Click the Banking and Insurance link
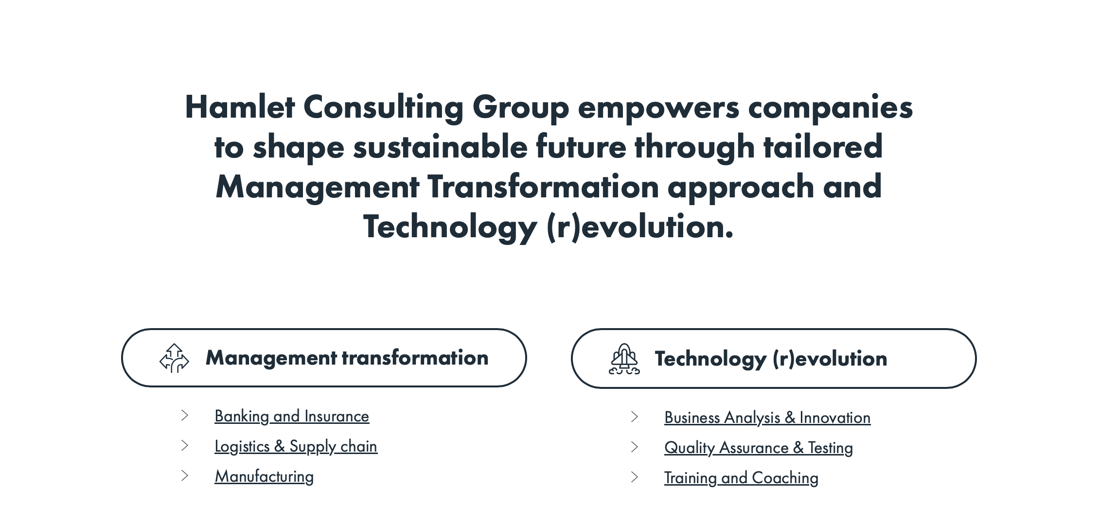click(x=292, y=417)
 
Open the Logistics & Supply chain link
click(x=296, y=447)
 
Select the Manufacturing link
click(x=264, y=477)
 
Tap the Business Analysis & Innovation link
click(x=767, y=418)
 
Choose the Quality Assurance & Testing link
click(x=759, y=448)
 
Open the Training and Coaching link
click(x=741, y=478)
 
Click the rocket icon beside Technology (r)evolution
click(x=624, y=359)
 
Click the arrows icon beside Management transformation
click(x=174, y=358)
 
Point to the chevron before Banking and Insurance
click(x=185, y=416)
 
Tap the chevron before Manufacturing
click(x=185, y=476)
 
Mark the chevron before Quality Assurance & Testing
click(x=635, y=447)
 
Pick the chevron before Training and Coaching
click(x=635, y=477)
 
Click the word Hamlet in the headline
click(x=240, y=107)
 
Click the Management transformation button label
click(x=347, y=358)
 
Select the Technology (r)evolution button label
click(x=771, y=359)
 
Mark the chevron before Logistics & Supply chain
click(x=185, y=446)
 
